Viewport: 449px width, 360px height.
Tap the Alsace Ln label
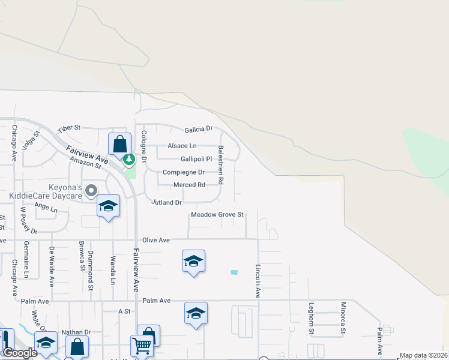coord(182,146)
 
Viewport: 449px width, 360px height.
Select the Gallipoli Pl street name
coord(196,159)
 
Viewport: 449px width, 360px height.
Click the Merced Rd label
coord(189,185)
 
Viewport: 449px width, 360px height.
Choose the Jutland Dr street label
coord(166,203)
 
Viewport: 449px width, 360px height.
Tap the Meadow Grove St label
coord(217,215)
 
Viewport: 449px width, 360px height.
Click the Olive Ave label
coord(155,240)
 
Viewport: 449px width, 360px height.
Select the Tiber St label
coord(68,129)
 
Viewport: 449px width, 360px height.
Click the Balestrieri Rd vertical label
coord(220,164)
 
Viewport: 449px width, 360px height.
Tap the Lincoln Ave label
coord(258,281)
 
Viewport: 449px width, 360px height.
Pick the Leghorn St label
coord(312,318)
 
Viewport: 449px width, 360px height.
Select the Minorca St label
coord(343,318)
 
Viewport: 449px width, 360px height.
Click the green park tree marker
coord(128,160)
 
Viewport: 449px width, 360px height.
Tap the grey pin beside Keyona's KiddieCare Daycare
coord(91,191)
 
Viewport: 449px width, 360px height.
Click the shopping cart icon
coord(142,345)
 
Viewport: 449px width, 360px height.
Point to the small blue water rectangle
coord(234,272)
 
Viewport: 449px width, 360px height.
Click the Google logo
coord(20,353)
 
